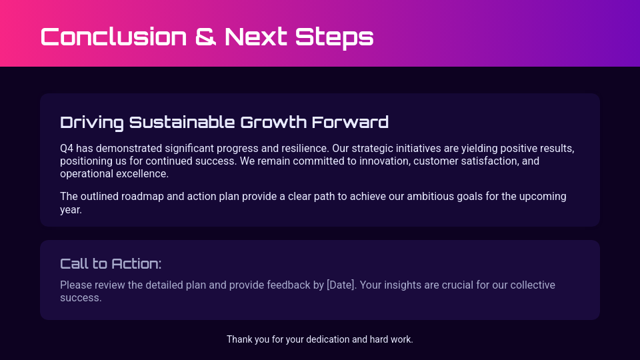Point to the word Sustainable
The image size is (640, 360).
pyautogui.click(x=181, y=122)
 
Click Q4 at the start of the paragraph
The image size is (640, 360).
pyautogui.click(x=67, y=148)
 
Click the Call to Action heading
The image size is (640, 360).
pyautogui.click(x=111, y=263)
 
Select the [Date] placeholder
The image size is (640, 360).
pyautogui.click(x=340, y=285)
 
